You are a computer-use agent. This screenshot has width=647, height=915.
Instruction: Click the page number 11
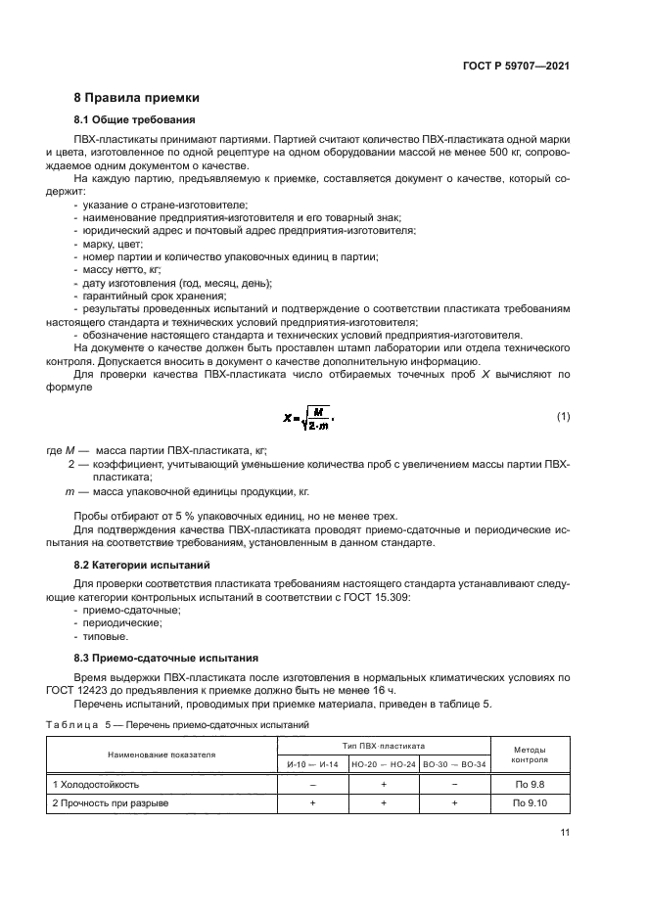(565, 833)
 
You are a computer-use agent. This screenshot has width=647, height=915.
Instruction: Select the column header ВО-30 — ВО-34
(454, 763)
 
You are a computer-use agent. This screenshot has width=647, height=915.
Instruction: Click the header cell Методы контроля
(530, 755)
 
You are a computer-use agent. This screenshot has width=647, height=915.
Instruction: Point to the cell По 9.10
(530, 803)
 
